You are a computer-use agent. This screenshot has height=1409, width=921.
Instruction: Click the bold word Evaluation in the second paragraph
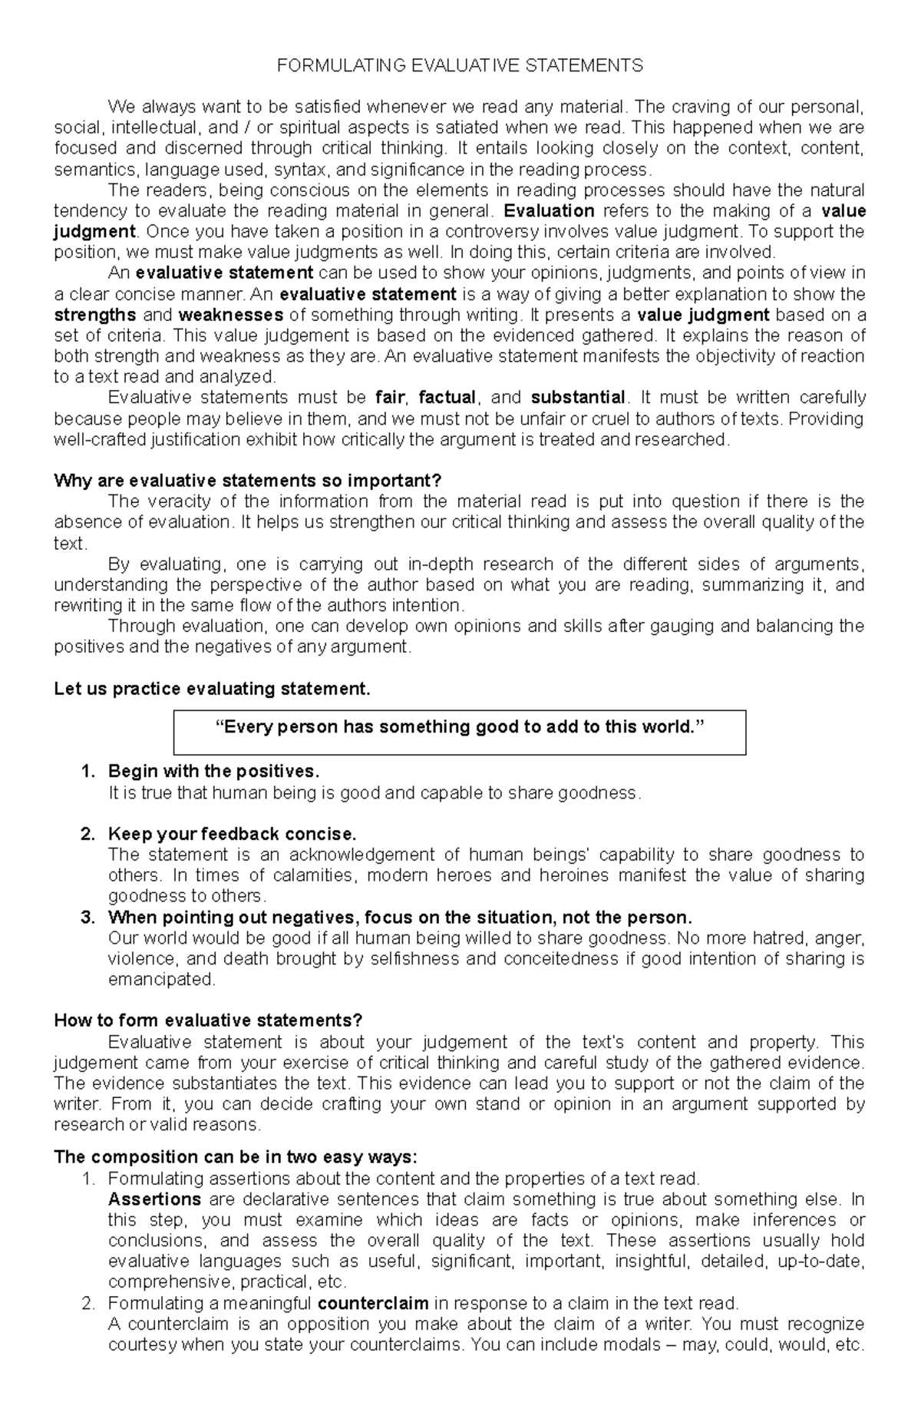(549, 211)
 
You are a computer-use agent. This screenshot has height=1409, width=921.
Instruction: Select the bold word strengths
(95, 315)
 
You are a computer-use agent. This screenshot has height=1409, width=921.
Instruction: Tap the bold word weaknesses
(230, 315)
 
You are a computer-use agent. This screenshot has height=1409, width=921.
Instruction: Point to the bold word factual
(447, 398)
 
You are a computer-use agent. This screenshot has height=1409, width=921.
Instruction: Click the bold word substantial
(578, 398)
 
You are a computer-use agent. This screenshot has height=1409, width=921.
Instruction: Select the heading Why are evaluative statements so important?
(248, 481)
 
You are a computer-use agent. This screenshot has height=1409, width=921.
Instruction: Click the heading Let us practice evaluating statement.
(212, 689)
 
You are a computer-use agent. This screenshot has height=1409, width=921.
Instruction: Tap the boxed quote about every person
(460, 727)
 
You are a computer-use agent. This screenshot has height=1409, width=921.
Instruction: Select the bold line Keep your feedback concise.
(233, 834)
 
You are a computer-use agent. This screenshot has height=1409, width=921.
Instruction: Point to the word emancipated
(162, 980)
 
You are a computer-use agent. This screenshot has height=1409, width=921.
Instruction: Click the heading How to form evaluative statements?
(208, 1020)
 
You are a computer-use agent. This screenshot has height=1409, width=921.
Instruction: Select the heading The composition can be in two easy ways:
(236, 1157)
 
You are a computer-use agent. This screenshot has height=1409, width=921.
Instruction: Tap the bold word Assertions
(154, 1199)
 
